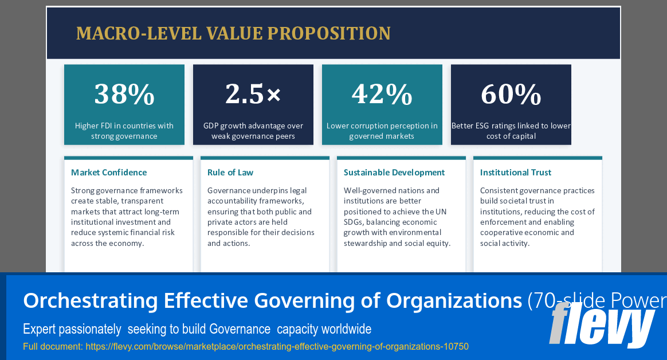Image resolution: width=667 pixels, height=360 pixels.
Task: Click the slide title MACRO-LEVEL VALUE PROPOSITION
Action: pos(233,33)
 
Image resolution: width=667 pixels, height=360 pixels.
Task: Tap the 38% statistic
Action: pos(124,94)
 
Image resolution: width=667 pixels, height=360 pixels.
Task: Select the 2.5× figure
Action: pos(253,94)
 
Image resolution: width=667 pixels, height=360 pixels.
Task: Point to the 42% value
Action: pos(382,94)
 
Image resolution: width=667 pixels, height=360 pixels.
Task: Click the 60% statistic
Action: pos(511,94)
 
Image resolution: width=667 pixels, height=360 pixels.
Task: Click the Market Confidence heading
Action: pos(109,173)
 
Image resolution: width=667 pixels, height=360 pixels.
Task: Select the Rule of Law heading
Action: pos(230,173)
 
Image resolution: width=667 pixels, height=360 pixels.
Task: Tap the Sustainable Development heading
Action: pos(394,173)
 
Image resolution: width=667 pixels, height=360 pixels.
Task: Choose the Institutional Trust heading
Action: pos(516,173)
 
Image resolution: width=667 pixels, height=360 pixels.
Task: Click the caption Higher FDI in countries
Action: pos(124,131)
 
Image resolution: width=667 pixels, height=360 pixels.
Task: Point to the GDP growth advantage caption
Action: pos(253,131)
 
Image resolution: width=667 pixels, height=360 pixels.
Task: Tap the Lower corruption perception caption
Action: pos(382,131)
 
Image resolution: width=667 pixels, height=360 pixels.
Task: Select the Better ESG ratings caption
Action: pos(511,131)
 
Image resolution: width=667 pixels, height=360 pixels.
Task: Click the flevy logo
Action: pos(602,325)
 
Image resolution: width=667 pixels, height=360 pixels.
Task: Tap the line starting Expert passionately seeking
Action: pos(197,329)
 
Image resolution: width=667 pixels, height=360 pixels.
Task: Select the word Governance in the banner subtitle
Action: pos(240,329)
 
